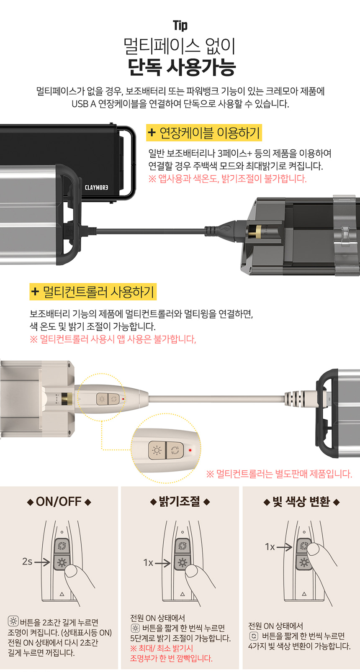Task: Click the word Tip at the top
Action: click(180, 26)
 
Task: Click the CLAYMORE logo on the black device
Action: click(96, 187)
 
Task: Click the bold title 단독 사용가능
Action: click(181, 67)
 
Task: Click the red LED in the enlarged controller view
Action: click(190, 450)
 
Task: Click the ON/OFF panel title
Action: click(59, 502)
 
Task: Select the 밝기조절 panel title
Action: click(180, 501)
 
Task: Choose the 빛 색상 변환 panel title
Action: click(301, 501)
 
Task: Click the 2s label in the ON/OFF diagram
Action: click(27, 561)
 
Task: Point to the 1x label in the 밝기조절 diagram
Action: click(148, 562)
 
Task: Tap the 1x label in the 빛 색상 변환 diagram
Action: click(270, 547)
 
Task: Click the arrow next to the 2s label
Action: click(42, 562)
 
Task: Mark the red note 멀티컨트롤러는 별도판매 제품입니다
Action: click(279, 474)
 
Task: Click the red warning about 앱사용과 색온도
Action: click(227, 179)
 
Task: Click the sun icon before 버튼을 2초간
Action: click(13, 621)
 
